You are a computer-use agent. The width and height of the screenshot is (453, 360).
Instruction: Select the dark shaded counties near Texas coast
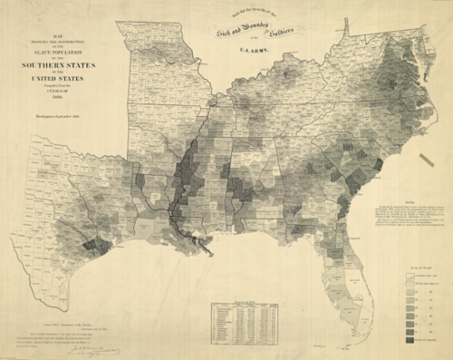pyautogui.click(x=91, y=243)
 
